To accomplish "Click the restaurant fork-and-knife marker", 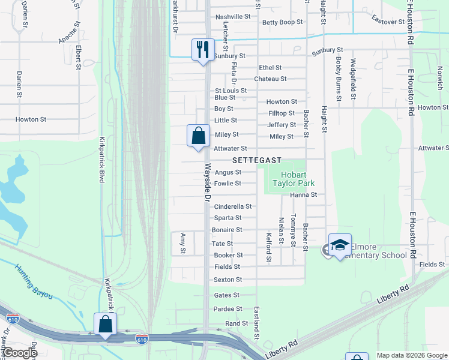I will click(x=203, y=49).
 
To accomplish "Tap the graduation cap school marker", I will click(x=340, y=245).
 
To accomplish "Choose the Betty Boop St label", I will click(x=282, y=22).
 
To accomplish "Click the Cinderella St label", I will click(x=232, y=206).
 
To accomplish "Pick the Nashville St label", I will click(x=232, y=16).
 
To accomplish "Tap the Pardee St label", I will click(x=228, y=309).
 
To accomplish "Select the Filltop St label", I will click(x=281, y=113).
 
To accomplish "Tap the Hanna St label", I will click(x=303, y=195).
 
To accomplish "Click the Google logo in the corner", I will click(x=20, y=353).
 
